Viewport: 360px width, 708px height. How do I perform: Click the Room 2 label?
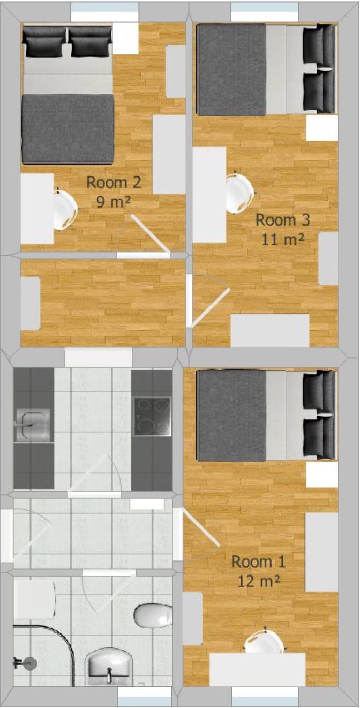tap(113, 182)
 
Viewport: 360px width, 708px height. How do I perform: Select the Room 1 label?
tap(258, 561)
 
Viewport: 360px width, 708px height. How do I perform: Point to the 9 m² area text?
tap(113, 201)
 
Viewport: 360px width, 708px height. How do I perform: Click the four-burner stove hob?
tap(152, 416)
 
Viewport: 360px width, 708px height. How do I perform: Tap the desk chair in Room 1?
tap(264, 642)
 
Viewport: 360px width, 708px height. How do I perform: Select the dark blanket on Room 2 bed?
tap(67, 128)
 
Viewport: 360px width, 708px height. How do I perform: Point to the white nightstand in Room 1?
tap(321, 474)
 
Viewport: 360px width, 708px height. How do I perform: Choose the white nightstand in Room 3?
tap(321, 128)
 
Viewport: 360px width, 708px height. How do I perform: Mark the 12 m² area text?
tap(259, 581)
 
